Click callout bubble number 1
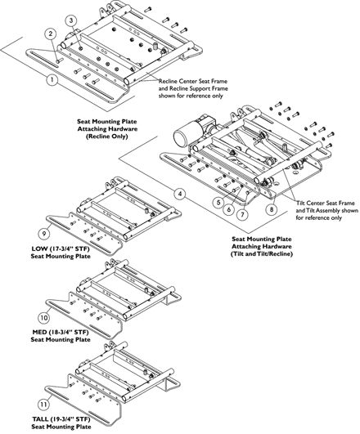(x=52, y=80)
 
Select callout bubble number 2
(x=51, y=34)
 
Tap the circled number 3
(x=71, y=20)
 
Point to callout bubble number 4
(x=180, y=194)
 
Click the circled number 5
(x=218, y=203)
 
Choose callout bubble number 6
(x=229, y=209)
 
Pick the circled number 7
(x=242, y=214)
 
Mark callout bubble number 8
(x=272, y=209)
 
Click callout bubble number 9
(x=44, y=234)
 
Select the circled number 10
(x=44, y=317)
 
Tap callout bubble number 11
(x=43, y=405)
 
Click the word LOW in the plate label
(x=38, y=248)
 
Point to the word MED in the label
(x=38, y=332)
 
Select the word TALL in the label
(x=40, y=419)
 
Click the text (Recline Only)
(x=107, y=136)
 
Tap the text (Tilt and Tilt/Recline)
(x=262, y=254)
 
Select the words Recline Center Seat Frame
(x=193, y=82)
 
